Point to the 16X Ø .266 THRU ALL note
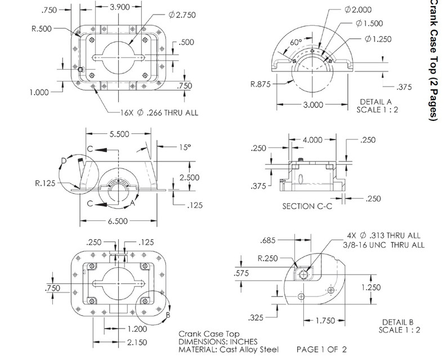point(159,112)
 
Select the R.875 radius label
point(262,85)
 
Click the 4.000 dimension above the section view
point(313,139)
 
